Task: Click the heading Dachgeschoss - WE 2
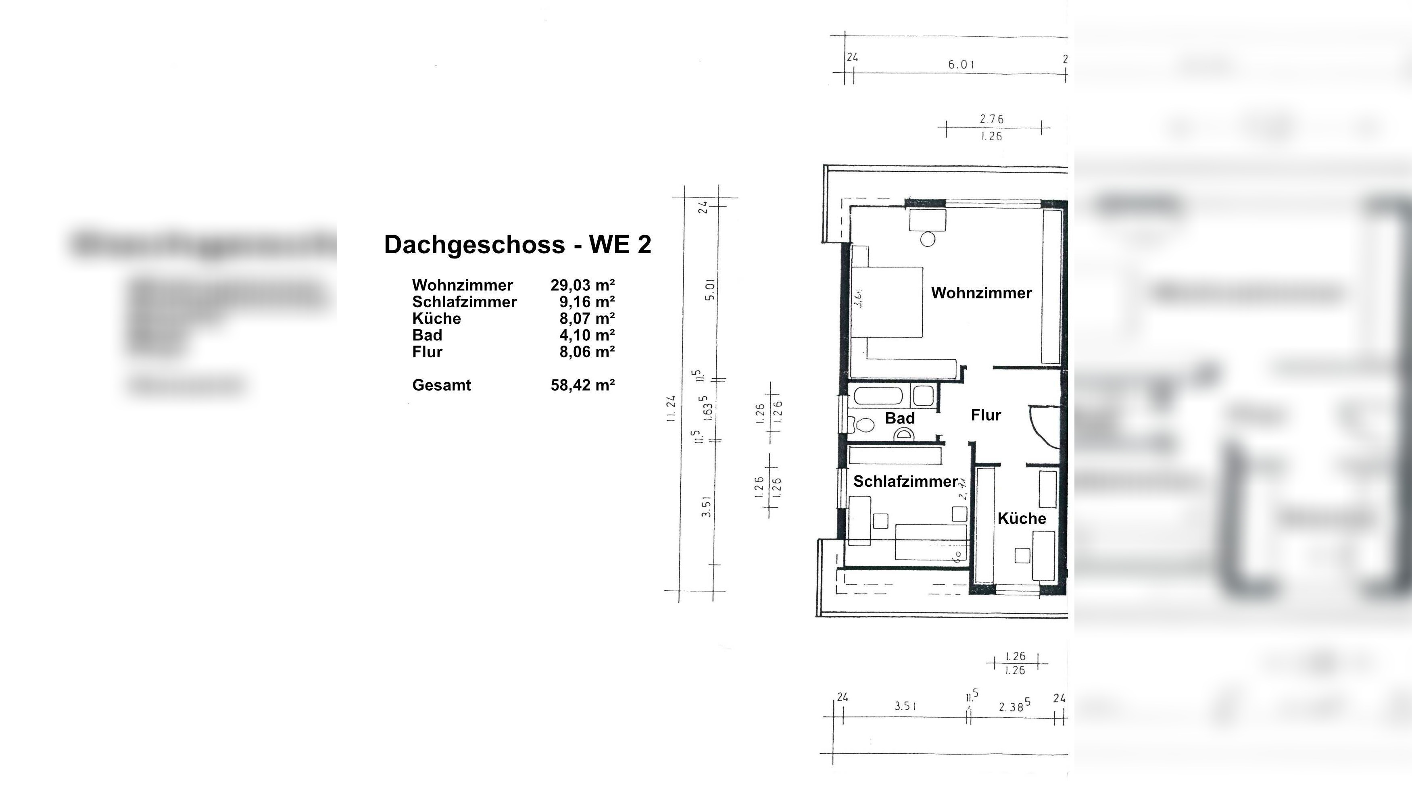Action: (x=517, y=244)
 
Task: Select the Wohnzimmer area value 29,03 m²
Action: (x=582, y=285)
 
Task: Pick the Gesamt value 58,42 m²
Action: (x=582, y=385)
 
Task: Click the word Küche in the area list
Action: (x=436, y=319)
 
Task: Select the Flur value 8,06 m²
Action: (x=586, y=352)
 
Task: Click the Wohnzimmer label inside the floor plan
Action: (x=981, y=293)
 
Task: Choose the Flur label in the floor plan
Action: (x=986, y=415)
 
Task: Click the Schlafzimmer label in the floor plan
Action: (x=905, y=481)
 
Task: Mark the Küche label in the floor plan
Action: (x=1021, y=518)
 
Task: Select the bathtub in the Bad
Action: (x=879, y=396)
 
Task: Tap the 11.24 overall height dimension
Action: (x=672, y=408)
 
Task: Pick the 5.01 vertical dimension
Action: (x=710, y=289)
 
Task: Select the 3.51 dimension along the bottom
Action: (x=905, y=706)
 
